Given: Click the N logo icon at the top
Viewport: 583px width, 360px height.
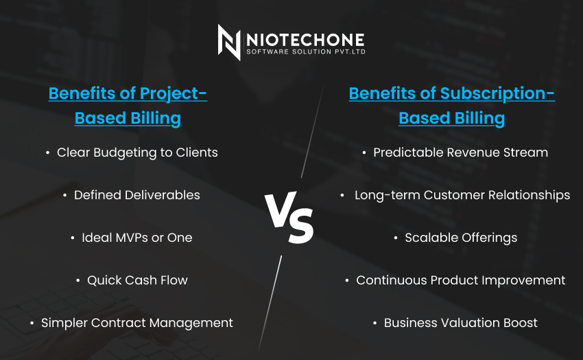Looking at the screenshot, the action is pos(229,42).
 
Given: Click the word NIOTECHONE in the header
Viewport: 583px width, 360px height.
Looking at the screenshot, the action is pos(305,40).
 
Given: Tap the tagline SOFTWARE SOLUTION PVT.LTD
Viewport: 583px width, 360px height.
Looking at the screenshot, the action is pos(306,52).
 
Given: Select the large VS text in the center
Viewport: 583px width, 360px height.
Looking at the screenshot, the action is pos(289,217).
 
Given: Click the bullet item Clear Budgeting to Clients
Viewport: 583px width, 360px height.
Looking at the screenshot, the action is pos(137,153).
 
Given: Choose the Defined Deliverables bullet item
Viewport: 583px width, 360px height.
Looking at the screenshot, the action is pos(136,195).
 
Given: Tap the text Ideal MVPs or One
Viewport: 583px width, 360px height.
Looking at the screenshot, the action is pos(136,238).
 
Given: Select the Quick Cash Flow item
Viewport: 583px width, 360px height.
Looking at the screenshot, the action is pos(137,280).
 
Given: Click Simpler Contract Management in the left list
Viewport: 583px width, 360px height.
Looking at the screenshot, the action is pos(136,323).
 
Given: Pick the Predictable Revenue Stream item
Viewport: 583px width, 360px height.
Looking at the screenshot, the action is pos(461,153).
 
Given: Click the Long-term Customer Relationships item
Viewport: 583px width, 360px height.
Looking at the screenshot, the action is pos(462,195).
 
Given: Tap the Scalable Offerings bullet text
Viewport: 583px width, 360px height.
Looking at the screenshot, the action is pos(461,238).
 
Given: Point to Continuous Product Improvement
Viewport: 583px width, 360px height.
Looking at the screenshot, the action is pos(461,280).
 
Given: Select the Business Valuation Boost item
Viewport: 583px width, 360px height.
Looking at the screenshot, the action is pos(461,323).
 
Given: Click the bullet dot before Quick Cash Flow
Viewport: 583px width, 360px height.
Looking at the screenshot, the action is pos(78,280).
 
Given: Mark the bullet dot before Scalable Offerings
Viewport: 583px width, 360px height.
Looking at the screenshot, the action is pos(396,238).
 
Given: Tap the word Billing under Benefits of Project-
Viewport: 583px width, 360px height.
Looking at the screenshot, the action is pos(156,118).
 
